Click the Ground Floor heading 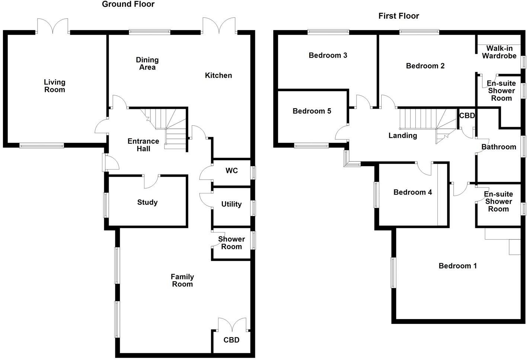(x=128, y=4)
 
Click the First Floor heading (x=399, y=16)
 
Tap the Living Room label (x=55, y=86)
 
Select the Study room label (x=147, y=202)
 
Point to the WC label (x=231, y=171)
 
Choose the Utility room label (x=231, y=204)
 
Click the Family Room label (x=182, y=280)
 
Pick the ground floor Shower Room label (x=231, y=243)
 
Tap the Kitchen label (x=218, y=75)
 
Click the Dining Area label (x=147, y=64)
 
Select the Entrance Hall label (x=143, y=145)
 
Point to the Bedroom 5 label (x=312, y=111)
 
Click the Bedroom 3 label (x=328, y=55)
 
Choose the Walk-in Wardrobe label (x=499, y=52)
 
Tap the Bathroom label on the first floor (x=499, y=147)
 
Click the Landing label (x=403, y=136)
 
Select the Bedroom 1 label (x=457, y=266)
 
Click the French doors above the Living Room (x=53, y=26)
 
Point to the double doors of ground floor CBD (x=233, y=324)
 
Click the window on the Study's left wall (x=106, y=205)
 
